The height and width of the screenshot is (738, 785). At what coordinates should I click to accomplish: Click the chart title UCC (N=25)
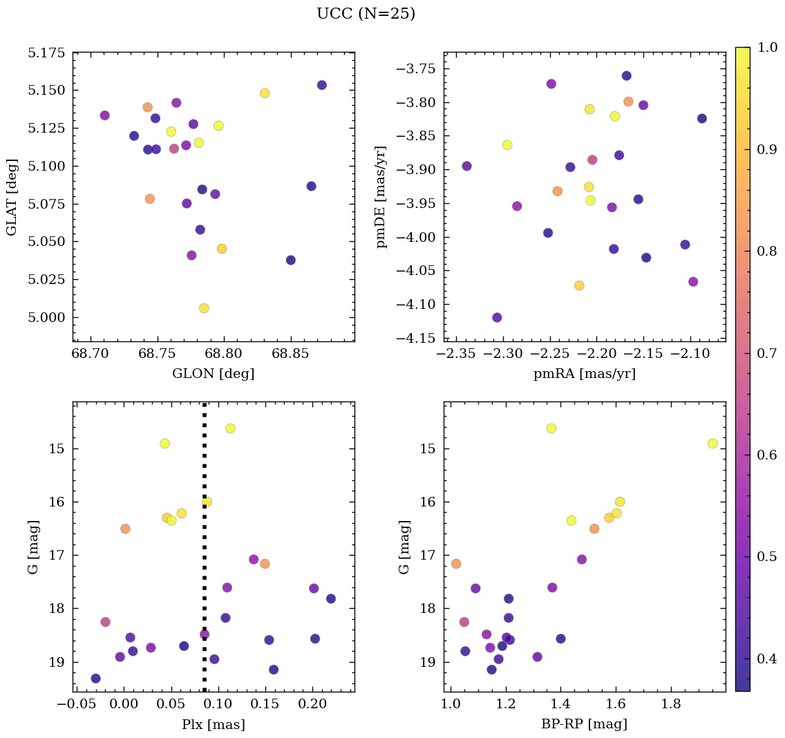[366, 14]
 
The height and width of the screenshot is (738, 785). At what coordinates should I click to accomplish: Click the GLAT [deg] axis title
[12, 197]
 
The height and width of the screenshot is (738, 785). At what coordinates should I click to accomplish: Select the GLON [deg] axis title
[213, 374]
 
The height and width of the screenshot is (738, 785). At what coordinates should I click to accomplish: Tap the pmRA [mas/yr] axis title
[585, 374]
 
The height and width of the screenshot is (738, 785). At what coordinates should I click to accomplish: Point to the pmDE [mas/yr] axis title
[381, 197]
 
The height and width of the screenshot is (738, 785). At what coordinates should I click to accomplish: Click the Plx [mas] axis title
[213, 725]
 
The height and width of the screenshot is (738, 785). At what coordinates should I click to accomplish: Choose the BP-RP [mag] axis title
[585, 725]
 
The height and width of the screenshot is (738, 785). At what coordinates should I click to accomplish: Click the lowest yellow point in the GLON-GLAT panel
[204, 308]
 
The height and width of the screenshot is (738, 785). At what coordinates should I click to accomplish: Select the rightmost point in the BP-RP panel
[712, 444]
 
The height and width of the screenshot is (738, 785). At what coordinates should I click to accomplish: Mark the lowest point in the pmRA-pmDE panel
[497, 318]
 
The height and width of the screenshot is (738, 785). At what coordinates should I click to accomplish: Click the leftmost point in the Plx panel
[95, 679]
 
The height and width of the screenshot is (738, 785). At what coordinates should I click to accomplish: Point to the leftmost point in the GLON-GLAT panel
[104, 115]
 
